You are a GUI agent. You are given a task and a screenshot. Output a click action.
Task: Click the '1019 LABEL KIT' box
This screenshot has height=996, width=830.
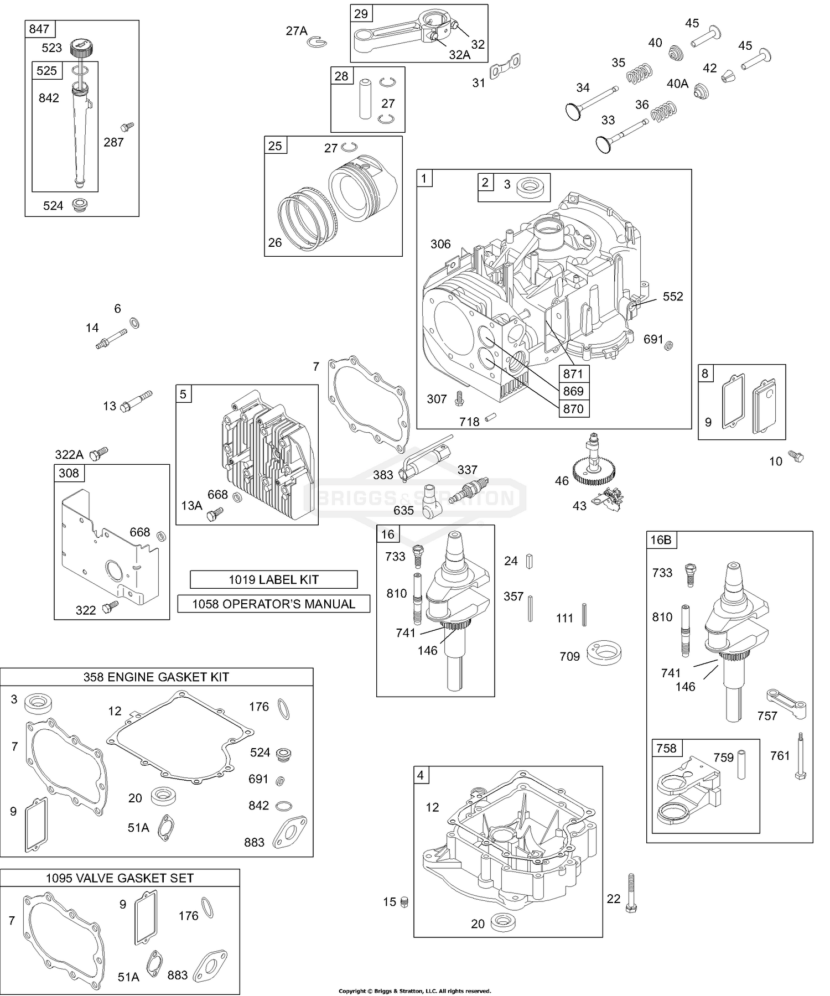click(x=273, y=579)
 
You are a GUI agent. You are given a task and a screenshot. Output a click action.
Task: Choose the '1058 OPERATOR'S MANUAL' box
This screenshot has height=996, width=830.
click(x=273, y=604)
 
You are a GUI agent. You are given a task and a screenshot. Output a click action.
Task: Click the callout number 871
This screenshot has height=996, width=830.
click(x=573, y=373)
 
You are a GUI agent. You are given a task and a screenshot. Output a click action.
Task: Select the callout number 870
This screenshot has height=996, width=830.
click(x=573, y=409)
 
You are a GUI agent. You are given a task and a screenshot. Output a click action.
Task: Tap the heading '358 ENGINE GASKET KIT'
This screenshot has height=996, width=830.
click(x=156, y=677)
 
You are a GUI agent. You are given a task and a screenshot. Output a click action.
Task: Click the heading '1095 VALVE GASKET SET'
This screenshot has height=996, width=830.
click(x=120, y=878)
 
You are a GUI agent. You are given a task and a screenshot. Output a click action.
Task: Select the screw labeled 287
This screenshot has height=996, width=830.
click(x=128, y=127)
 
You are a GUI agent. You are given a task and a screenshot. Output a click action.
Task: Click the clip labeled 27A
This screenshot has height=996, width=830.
click(x=319, y=40)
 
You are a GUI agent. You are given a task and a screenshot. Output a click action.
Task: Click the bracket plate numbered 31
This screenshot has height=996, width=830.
click(x=505, y=68)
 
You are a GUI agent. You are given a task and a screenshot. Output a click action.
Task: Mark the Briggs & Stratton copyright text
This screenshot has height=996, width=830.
click(x=414, y=990)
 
